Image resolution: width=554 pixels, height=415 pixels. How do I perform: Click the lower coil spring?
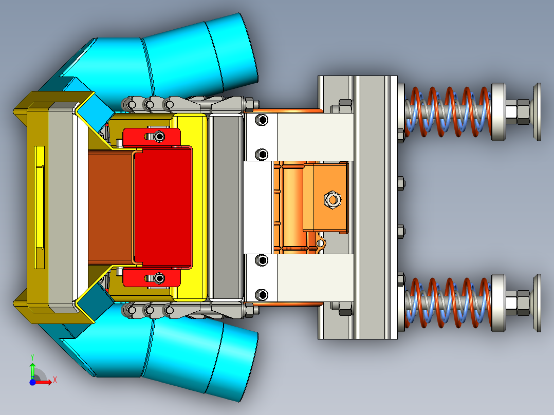447,303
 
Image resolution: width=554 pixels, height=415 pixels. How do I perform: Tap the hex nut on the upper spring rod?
518,111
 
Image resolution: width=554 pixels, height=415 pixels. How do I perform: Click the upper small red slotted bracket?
152,137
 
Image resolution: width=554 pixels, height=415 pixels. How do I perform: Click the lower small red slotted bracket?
152,278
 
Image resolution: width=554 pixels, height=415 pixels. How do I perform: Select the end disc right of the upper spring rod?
538,111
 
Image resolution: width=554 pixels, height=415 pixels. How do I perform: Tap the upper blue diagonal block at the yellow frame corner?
96,109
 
